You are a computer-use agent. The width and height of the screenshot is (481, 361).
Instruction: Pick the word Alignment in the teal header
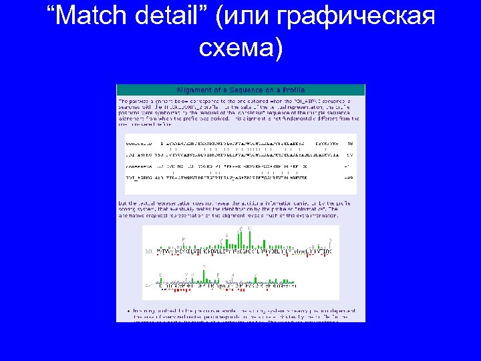[193, 90]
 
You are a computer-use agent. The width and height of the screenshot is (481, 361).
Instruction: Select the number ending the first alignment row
[350, 143]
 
